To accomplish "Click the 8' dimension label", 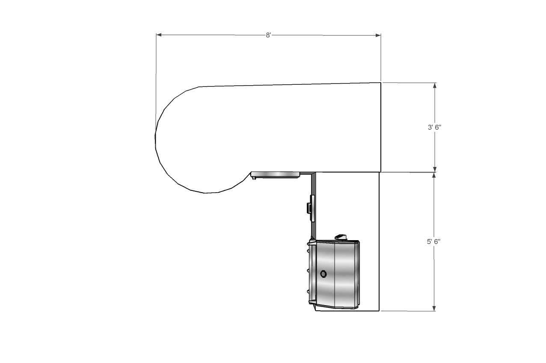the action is coord(268,35).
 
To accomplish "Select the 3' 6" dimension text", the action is coord(434,127).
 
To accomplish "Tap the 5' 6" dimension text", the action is coord(433,241).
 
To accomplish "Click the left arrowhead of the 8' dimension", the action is coord(159,35).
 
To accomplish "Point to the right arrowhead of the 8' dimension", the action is coord(378,36).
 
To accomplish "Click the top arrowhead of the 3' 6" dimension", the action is coord(434,85).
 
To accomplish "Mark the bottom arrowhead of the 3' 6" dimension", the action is coord(434,170).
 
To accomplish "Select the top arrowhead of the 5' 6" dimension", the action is coord(434,175).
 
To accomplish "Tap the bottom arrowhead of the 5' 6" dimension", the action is coord(434,308).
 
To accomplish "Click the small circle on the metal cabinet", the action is coord(323,274).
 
